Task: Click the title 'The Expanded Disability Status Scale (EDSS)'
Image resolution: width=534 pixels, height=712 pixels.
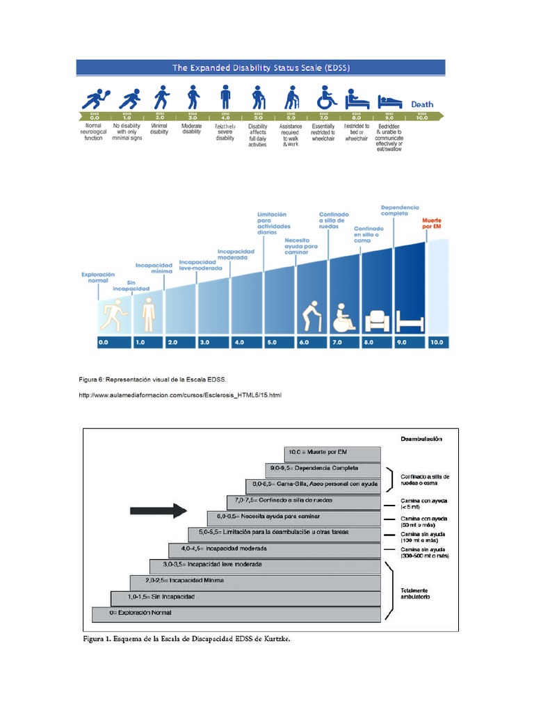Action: [x=261, y=67]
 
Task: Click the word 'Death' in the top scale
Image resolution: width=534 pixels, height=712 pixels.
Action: [x=422, y=104]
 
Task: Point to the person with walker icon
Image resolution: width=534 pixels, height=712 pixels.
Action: [x=291, y=97]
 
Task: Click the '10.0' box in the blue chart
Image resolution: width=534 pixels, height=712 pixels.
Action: [x=437, y=342]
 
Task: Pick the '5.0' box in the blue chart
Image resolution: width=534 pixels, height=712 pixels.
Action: [x=271, y=342]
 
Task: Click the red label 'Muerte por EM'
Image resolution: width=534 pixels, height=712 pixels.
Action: [x=432, y=223]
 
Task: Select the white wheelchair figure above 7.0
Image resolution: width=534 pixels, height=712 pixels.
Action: [x=343, y=317]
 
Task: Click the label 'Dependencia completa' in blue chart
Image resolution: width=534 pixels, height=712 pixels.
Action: [x=400, y=211]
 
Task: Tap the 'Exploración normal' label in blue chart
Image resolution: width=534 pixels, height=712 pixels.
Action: [x=97, y=278]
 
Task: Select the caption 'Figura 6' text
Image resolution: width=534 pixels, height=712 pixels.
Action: [x=153, y=379]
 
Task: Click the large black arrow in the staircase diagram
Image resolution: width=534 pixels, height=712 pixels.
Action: [x=159, y=511]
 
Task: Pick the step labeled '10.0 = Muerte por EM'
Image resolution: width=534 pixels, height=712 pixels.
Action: [x=332, y=452]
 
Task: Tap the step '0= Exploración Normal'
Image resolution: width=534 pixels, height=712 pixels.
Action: [x=236, y=613]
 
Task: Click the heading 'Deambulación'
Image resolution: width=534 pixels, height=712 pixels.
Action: [x=421, y=439]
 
